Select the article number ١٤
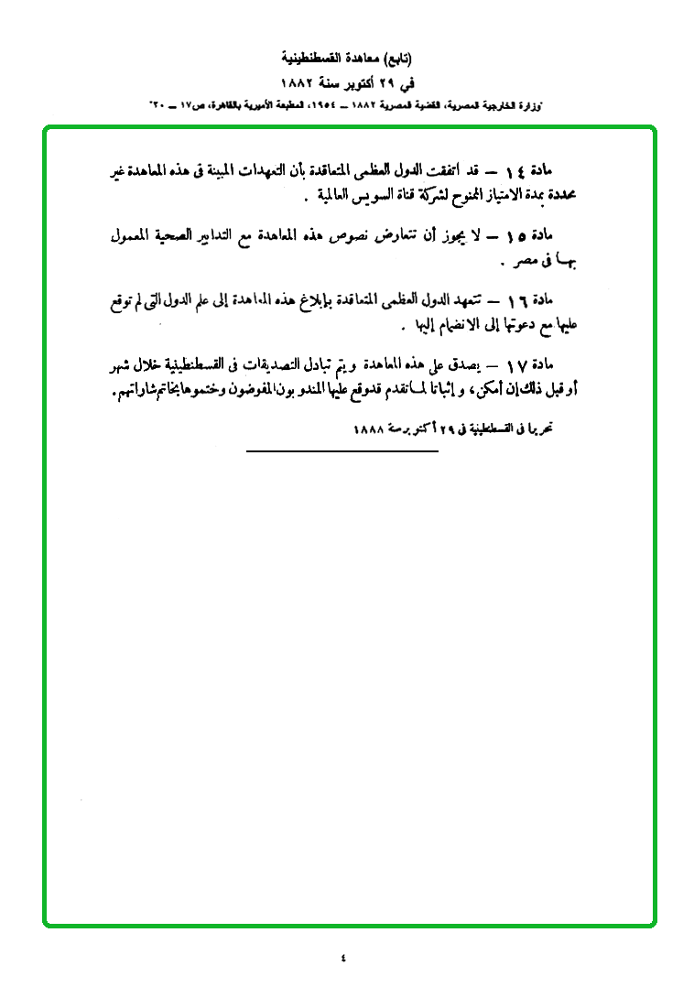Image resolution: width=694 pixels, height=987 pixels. (517, 170)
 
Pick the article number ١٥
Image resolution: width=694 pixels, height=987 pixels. (516, 236)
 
